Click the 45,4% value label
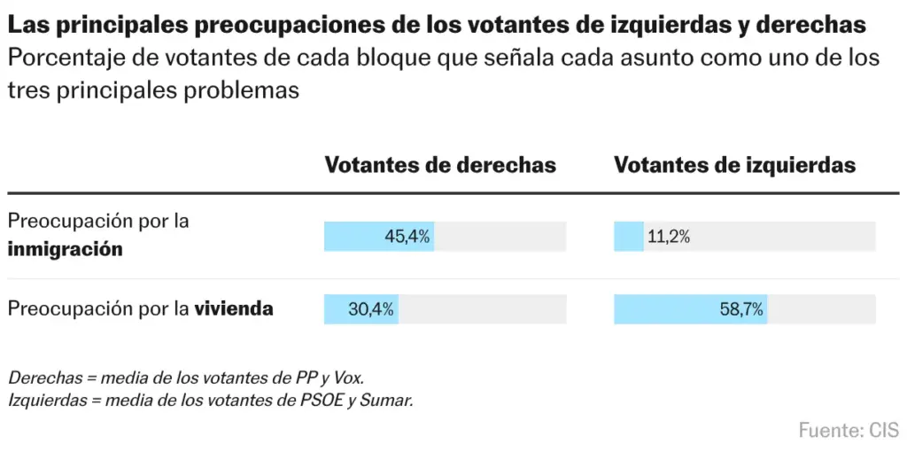(407, 237)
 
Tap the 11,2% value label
(669, 237)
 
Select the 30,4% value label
(371, 309)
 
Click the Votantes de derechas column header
(440, 165)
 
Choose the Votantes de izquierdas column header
(734, 165)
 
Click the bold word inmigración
(66, 249)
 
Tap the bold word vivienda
(233, 309)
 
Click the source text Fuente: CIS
(849, 430)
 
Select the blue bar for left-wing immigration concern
(629, 237)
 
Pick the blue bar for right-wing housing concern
(361, 309)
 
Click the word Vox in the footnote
(349, 378)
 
